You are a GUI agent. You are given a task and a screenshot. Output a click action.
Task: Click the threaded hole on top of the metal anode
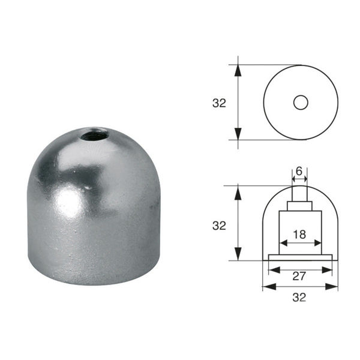(x=95, y=134)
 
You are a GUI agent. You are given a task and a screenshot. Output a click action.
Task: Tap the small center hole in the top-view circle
(x=301, y=103)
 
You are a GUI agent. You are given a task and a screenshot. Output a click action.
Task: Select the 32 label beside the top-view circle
(x=219, y=103)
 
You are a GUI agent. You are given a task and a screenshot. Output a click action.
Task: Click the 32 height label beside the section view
(x=219, y=226)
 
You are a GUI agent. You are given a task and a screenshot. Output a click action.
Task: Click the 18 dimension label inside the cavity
(x=299, y=234)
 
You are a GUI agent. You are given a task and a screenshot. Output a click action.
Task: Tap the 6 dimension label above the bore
(x=299, y=171)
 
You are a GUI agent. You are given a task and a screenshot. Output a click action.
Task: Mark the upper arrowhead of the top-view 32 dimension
(x=238, y=70)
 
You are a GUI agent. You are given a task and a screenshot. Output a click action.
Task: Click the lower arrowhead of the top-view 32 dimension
(x=238, y=134)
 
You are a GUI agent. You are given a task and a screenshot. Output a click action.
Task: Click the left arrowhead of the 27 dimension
(x=273, y=269)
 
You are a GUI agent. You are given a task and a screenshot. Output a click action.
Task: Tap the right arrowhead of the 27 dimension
(x=328, y=269)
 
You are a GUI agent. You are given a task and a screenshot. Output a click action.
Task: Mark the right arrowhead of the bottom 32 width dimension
(x=334, y=287)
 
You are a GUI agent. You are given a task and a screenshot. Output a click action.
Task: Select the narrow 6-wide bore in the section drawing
(x=299, y=193)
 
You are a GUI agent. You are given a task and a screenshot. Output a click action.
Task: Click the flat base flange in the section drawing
(x=300, y=257)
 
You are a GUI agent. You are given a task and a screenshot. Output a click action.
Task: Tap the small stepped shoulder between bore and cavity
(x=299, y=206)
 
